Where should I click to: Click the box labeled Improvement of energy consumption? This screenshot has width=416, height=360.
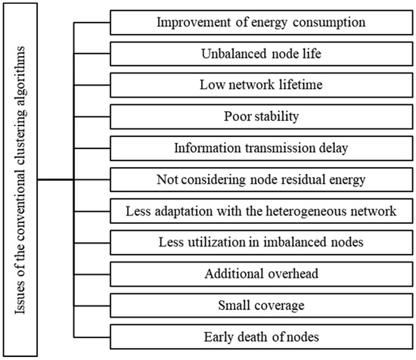pyautogui.click(x=262, y=23)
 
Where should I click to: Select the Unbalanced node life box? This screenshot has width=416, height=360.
pyautogui.click(x=262, y=54)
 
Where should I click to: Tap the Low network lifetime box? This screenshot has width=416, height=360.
pyautogui.click(x=262, y=85)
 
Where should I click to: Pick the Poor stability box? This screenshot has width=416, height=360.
pyautogui.click(x=262, y=116)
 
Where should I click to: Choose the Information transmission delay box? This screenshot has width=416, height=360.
pyautogui.click(x=262, y=148)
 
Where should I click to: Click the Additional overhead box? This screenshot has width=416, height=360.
pyautogui.click(x=262, y=275)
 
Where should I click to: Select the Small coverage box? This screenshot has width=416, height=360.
pyautogui.click(x=262, y=306)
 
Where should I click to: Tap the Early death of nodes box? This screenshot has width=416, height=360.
pyautogui.click(x=262, y=337)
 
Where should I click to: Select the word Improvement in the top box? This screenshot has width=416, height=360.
pyautogui.click(x=194, y=22)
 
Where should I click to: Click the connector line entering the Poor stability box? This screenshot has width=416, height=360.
pyautogui.click(x=92, y=116)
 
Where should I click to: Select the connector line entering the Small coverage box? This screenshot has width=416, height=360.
pyautogui.click(x=92, y=306)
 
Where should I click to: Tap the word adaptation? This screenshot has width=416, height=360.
pyautogui.click(x=184, y=212)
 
